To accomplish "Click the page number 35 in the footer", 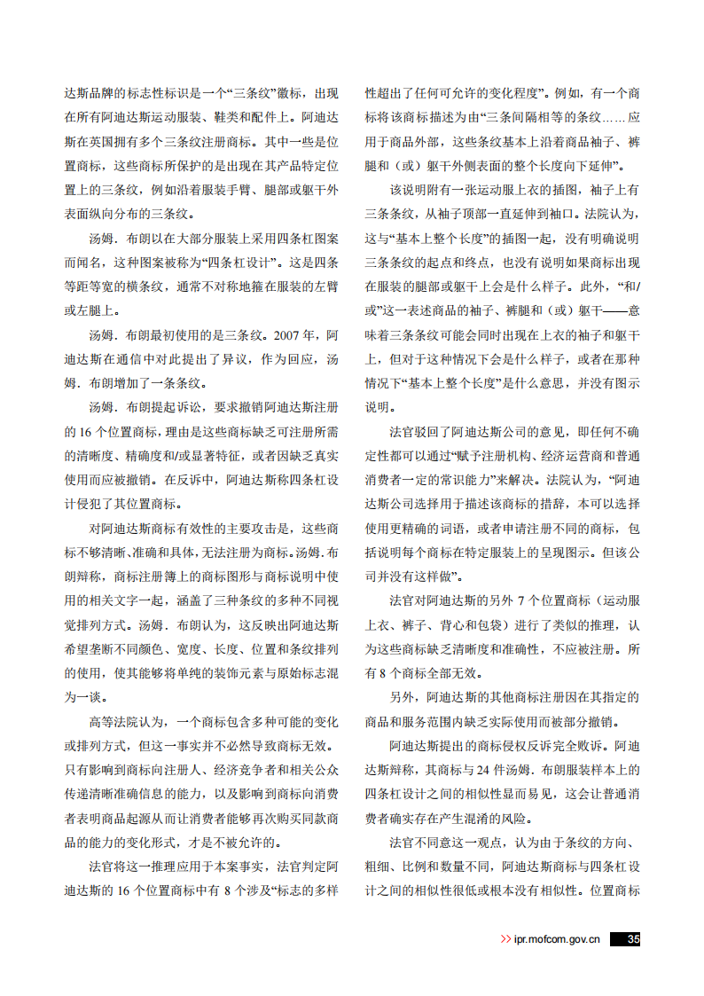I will pyautogui.click(x=632, y=939).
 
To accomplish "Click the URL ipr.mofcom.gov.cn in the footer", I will pyautogui.click(x=557, y=940).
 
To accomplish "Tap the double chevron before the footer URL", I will pyautogui.click(x=505, y=940).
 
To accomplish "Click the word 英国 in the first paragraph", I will pyautogui.click(x=108, y=140).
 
